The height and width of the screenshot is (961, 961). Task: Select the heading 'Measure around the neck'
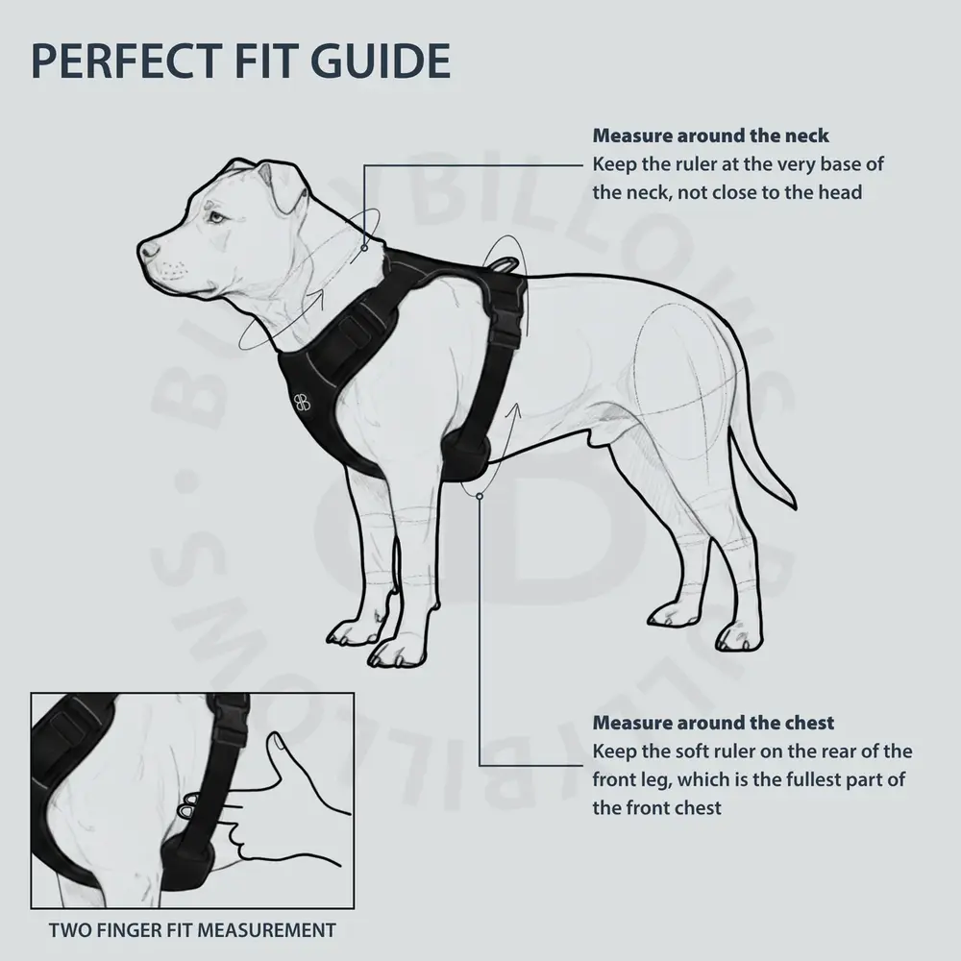[710, 136]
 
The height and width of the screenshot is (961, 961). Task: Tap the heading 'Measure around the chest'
[713, 723]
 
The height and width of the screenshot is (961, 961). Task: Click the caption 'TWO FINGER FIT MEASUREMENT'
[192, 929]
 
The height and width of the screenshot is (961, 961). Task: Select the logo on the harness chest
[302, 403]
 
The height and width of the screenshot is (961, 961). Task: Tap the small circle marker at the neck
[364, 247]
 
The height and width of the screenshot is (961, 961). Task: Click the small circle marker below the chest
[479, 495]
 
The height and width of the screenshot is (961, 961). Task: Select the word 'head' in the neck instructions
[840, 191]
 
